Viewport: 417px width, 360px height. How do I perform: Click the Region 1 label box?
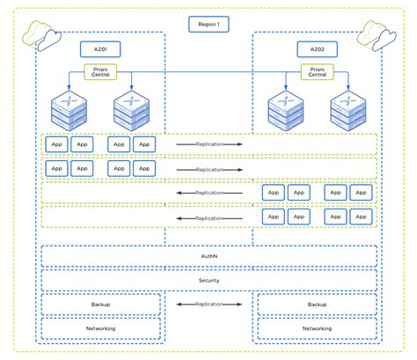point(208,25)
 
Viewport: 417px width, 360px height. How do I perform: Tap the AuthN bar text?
point(208,256)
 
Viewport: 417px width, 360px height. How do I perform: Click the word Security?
point(208,280)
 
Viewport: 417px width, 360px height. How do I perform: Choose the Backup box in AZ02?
point(316,304)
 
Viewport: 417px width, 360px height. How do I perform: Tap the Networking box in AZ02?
point(316,328)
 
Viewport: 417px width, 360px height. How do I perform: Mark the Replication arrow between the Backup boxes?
point(208,304)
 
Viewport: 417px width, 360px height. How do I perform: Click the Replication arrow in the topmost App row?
point(208,143)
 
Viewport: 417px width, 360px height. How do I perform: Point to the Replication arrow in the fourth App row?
point(208,217)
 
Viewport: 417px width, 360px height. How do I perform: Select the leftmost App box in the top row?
point(56,143)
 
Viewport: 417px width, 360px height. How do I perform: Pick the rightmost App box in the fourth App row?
point(360,217)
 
